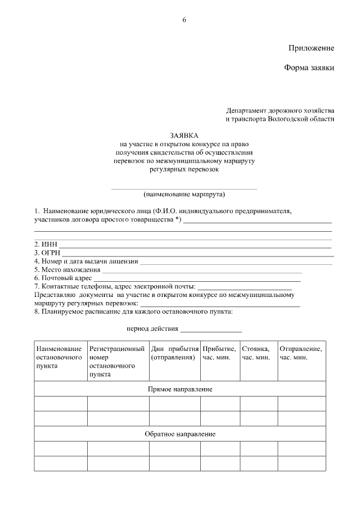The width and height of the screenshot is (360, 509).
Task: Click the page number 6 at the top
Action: (x=183, y=20)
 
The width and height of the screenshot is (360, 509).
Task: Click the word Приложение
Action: (x=311, y=48)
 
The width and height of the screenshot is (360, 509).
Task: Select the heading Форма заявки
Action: (x=309, y=68)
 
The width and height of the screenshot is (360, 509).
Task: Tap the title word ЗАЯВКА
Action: (x=184, y=136)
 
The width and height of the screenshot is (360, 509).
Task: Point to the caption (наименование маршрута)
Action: (x=184, y=195)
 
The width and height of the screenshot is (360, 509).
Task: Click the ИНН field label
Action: (x=46, y=244)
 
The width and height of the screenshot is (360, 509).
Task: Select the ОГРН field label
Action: (x=47, y=253)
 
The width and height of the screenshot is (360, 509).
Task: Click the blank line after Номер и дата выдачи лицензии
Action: (x=236, y=261)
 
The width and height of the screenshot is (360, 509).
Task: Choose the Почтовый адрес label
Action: (x=64, y=278)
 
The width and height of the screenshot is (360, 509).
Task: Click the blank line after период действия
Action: (x=210, y=328)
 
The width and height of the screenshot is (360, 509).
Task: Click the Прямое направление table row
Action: (x=180, y=389)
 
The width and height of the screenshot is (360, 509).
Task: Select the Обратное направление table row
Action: (x=180, y=434)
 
